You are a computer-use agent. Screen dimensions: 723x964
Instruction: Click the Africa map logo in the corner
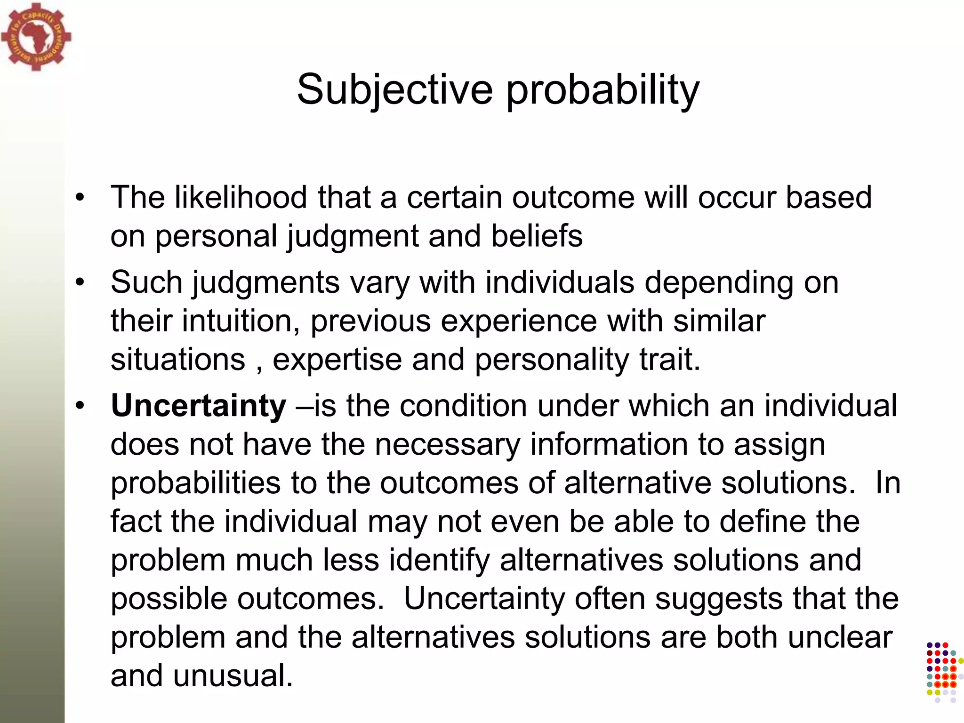36,37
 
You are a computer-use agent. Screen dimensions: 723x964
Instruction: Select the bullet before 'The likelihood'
80,197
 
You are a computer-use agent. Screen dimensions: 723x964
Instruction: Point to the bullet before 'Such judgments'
80,282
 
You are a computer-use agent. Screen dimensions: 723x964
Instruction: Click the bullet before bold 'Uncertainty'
80,406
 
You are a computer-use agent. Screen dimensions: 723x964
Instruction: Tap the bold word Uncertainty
198,406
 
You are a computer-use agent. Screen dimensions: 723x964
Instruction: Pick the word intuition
241,321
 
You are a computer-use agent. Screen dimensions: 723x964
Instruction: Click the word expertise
337,360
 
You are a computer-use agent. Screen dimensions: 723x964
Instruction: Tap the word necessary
447,445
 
